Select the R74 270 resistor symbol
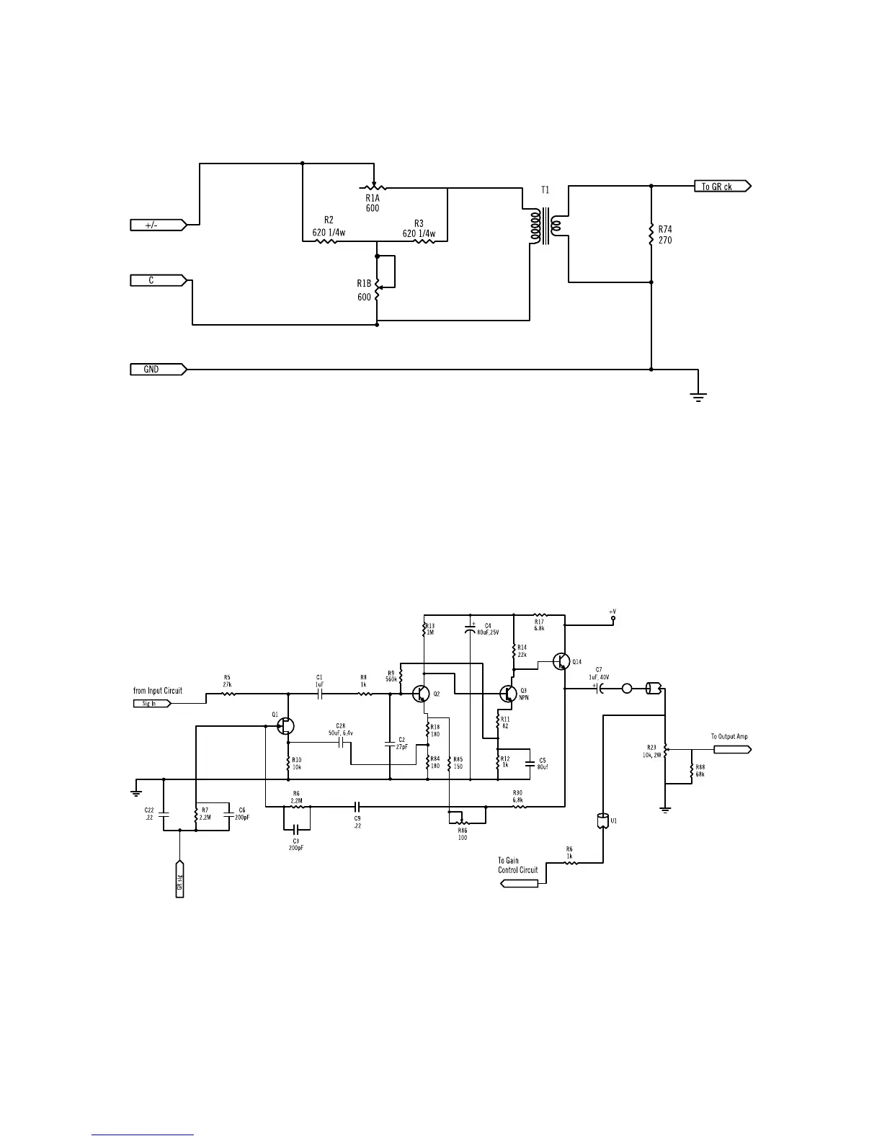[651, 234]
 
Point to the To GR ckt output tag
[723, 187]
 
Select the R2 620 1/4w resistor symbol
[327, 241]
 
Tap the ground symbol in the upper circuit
[698, 395]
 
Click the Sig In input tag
[152, 704]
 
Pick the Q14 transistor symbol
[562, 661]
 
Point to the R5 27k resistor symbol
[228, 694]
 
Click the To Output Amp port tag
[731, 749]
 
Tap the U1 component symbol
[602, 821]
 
